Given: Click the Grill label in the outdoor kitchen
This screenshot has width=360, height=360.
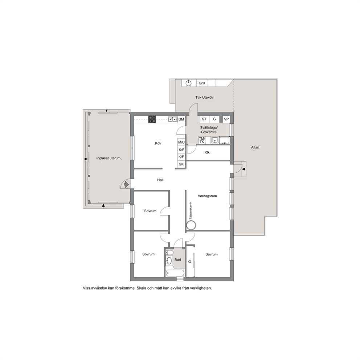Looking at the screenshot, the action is pyautogui.click(x=202, y=83).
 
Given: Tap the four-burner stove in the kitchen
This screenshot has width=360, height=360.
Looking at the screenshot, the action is pyautogui.click(x=152, y=119).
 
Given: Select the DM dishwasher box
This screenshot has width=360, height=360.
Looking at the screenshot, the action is pyautogui.click(x=181, y=119).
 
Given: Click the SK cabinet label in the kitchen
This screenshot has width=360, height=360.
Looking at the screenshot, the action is pyautogui.click(x=181, y=164).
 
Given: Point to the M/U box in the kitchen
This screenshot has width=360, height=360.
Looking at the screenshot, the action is pyautogui.click(x=181, y=142).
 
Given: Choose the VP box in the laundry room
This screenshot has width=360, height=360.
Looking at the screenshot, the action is pyautogui.click(x=226, y=119).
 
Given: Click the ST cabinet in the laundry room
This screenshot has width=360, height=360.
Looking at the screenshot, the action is pyautogui.click(x=204, y=119).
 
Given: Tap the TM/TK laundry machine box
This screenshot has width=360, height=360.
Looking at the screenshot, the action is pyautogui.click(x=202, y=140).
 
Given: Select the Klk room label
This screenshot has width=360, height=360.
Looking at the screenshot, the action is pyautogui.click(x=207, y=152).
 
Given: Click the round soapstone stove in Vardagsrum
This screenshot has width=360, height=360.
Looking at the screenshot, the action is pyautogui.click(x=191, y=225).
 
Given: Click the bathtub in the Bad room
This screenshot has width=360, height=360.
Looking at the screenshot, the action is pyautogui.click(x=175, y=273).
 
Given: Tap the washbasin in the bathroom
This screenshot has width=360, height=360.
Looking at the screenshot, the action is pyautogui.click(x=169, y=261).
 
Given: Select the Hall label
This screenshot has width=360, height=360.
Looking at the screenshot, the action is pyautogui.click(x=160, y=180).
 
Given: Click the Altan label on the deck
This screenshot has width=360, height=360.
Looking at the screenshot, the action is pyautogui.click(x=255, y=147).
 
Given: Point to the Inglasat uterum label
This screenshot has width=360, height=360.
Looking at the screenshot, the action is pyautogui.click(x=109, y=158).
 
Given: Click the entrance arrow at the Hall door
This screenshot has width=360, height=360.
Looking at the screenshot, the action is pyautogui.click(x=126, y=184).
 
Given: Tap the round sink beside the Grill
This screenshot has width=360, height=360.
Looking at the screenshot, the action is pyautogui.click(x=188, y=83).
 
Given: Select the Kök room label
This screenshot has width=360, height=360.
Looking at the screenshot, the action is pyautogui.click(x=158, y=143).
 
